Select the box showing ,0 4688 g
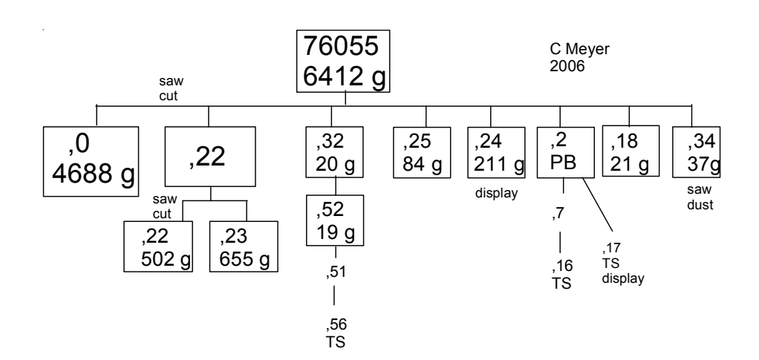[89, 159]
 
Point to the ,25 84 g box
[423, 151]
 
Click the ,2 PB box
[565, 151]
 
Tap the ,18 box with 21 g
[629, 151]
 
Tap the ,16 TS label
[561, 275]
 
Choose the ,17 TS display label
[621, 264]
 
